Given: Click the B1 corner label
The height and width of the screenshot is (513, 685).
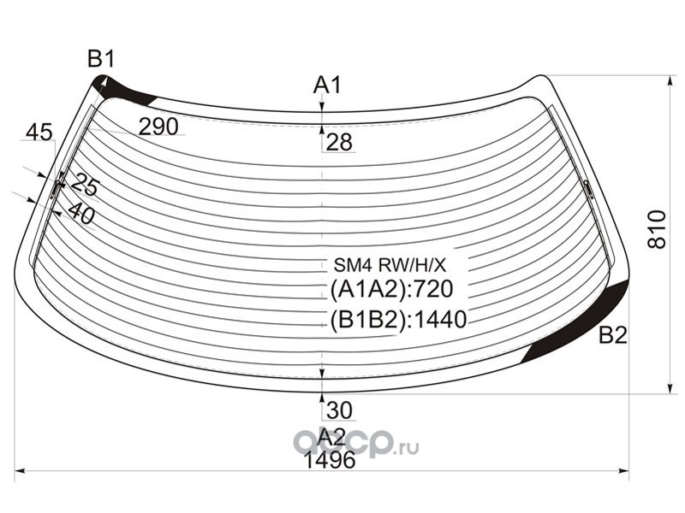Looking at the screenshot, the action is [101, 59].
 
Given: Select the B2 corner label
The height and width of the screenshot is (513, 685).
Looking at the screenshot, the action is [613, 335].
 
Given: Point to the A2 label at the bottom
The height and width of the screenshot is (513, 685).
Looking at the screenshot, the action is [331, 436].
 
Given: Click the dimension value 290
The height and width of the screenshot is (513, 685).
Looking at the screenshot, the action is [158, 127].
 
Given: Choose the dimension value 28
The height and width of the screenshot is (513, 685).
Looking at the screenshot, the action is [339, 142].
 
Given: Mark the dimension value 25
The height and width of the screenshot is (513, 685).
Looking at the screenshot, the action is [84, 185].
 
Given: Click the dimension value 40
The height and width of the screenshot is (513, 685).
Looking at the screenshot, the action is [81, 213].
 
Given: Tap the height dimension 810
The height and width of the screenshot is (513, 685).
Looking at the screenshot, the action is [657, 229].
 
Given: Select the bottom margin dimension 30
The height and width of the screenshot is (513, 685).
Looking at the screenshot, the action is [339, 410].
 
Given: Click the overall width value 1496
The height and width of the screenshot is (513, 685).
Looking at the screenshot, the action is [330, 460].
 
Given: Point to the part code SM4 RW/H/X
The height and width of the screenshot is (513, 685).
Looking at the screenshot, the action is [390, 264].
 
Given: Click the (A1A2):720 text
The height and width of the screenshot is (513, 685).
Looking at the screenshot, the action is [391, 289].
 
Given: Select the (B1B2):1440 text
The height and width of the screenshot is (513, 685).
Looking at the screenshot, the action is [398, 320].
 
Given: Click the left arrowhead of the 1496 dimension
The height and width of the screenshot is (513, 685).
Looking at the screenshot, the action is [19, 471].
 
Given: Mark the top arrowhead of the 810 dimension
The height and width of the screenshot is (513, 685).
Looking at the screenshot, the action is [670, 80].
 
